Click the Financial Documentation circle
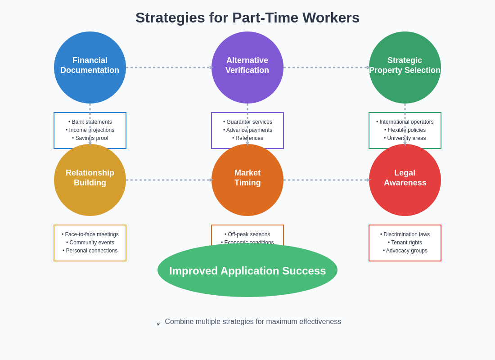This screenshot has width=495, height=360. click(90, 67)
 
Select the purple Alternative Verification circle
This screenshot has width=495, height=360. click(247, 67)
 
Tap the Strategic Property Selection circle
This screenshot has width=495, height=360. click(405, 67)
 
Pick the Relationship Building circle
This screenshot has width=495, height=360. click(90, 180)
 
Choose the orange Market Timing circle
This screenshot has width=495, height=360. click(247, 180)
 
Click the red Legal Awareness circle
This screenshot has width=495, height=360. click(405, 180)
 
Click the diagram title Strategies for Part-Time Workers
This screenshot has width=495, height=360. click(247, 18)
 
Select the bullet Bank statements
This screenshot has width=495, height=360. click(90, 122)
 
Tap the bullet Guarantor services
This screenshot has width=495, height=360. click(247, 122)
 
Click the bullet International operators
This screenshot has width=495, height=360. click(405, 122)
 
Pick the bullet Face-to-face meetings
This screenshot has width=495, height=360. click(90, 234)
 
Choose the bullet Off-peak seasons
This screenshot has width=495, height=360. click(247, 234)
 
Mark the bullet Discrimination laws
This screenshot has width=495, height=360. click(405, 234)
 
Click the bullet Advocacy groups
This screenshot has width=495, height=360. click(405, 251)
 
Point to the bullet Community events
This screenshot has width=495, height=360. click(90, 243)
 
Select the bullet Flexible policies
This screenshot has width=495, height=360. click(405, 130)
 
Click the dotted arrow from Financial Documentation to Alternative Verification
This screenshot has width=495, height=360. click(169, 67)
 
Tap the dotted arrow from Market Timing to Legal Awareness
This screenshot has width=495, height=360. click(326, 180)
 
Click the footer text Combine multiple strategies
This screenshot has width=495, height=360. click(252, 322)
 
